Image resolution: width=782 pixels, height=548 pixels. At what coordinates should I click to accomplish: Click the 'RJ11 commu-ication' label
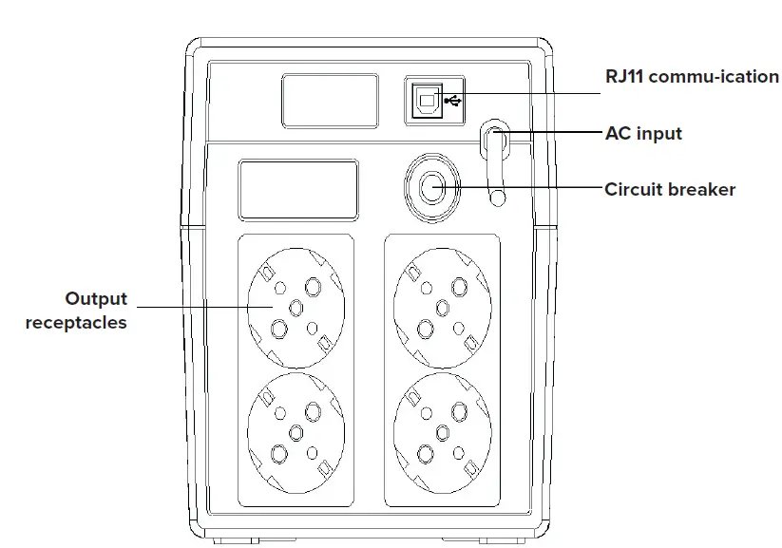(x=692, y=77)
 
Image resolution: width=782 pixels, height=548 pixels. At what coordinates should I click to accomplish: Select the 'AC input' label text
(x=643, y=133)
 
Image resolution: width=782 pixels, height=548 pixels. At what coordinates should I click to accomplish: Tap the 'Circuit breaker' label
(x=670, y=189)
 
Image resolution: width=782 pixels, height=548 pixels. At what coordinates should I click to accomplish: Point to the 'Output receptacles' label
(x=77, y=311)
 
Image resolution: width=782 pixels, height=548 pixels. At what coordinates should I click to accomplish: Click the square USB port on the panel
(x=426, y=98)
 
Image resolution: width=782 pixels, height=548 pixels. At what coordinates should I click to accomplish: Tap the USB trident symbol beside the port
(x=450, y=99)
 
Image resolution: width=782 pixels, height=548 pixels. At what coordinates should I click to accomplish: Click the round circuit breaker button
(x=432, y=187)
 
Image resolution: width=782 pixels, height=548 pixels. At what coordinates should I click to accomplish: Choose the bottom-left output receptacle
(x=295, y=431)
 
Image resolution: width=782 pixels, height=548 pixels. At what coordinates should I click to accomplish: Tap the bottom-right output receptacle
(x=441, y=431)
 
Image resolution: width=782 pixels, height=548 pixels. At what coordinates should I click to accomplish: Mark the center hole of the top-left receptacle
(x=295, y=306)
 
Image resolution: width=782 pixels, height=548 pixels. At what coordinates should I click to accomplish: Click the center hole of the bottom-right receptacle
(x=441, y=432)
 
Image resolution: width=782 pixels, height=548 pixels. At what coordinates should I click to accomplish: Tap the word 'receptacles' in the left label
(x=76, y=323)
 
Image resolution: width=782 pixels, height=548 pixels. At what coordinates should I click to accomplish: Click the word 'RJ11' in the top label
(x=624, y=77)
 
